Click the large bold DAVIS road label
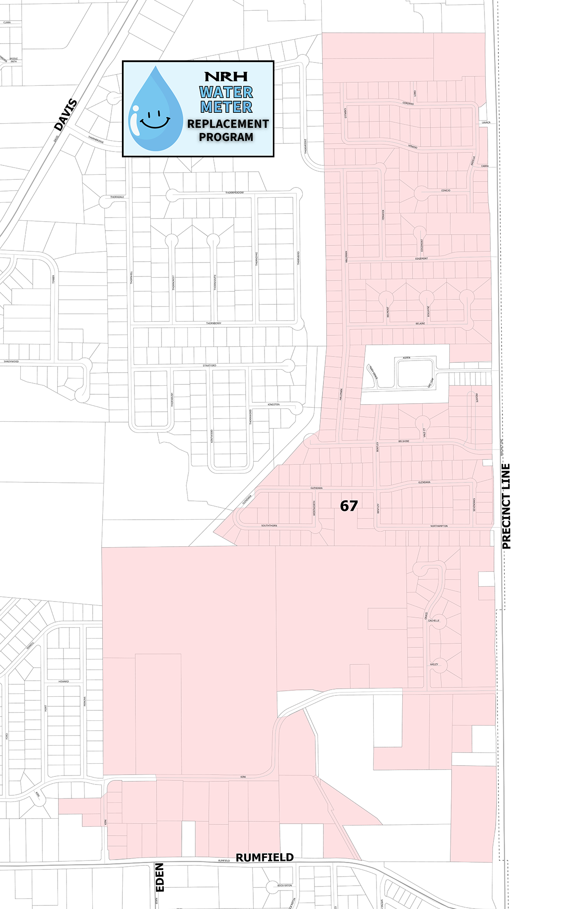coord(66,115)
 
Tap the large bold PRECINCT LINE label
coord(507,506)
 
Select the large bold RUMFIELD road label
coord(265,857)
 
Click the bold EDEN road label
coord(160,877)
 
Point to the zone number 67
coord(349,506)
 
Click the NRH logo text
coord(226,76)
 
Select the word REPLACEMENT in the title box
coord(228,124)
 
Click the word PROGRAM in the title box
coord(226,137)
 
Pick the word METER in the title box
coord(226,107)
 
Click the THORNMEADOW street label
coord(234,193)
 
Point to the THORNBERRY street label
coord(214,323)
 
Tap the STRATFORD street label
coord(209,365)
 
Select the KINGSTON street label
coord(274,405)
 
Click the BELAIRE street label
coord(420,324)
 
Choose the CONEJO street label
coord(445,191)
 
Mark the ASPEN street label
coord(406,358)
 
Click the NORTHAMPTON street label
coord(439,526)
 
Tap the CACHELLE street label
coord(434,620)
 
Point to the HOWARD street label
coord(63,682)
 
